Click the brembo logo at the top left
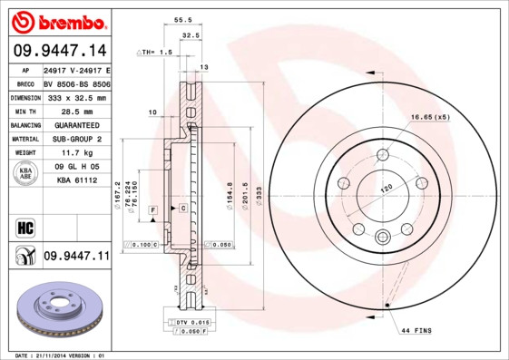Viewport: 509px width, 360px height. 59,20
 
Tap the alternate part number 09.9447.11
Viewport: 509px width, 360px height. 75,257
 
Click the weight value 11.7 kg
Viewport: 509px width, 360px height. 75,153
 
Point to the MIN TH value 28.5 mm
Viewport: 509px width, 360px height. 75,111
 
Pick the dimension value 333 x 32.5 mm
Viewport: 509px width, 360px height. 75,97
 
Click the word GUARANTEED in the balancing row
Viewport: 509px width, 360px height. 75,125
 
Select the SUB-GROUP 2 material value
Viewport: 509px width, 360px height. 75,139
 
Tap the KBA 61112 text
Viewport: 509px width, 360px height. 75,180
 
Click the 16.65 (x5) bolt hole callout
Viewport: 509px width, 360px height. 430,118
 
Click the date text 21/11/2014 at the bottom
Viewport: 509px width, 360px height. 54,355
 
